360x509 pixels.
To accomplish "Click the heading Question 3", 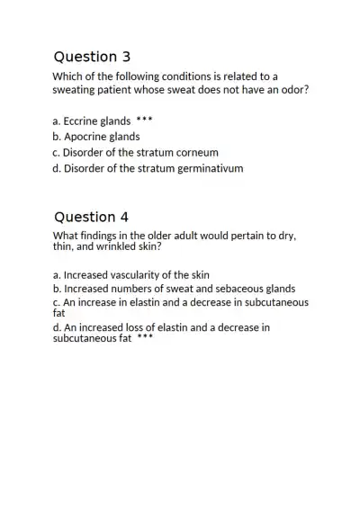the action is (x=91, y=57).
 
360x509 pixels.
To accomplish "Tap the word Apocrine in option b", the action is (x=88, y=137).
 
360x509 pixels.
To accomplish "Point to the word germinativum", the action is (x=210, y=168).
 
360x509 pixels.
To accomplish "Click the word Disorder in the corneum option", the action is (x=84, y=153).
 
